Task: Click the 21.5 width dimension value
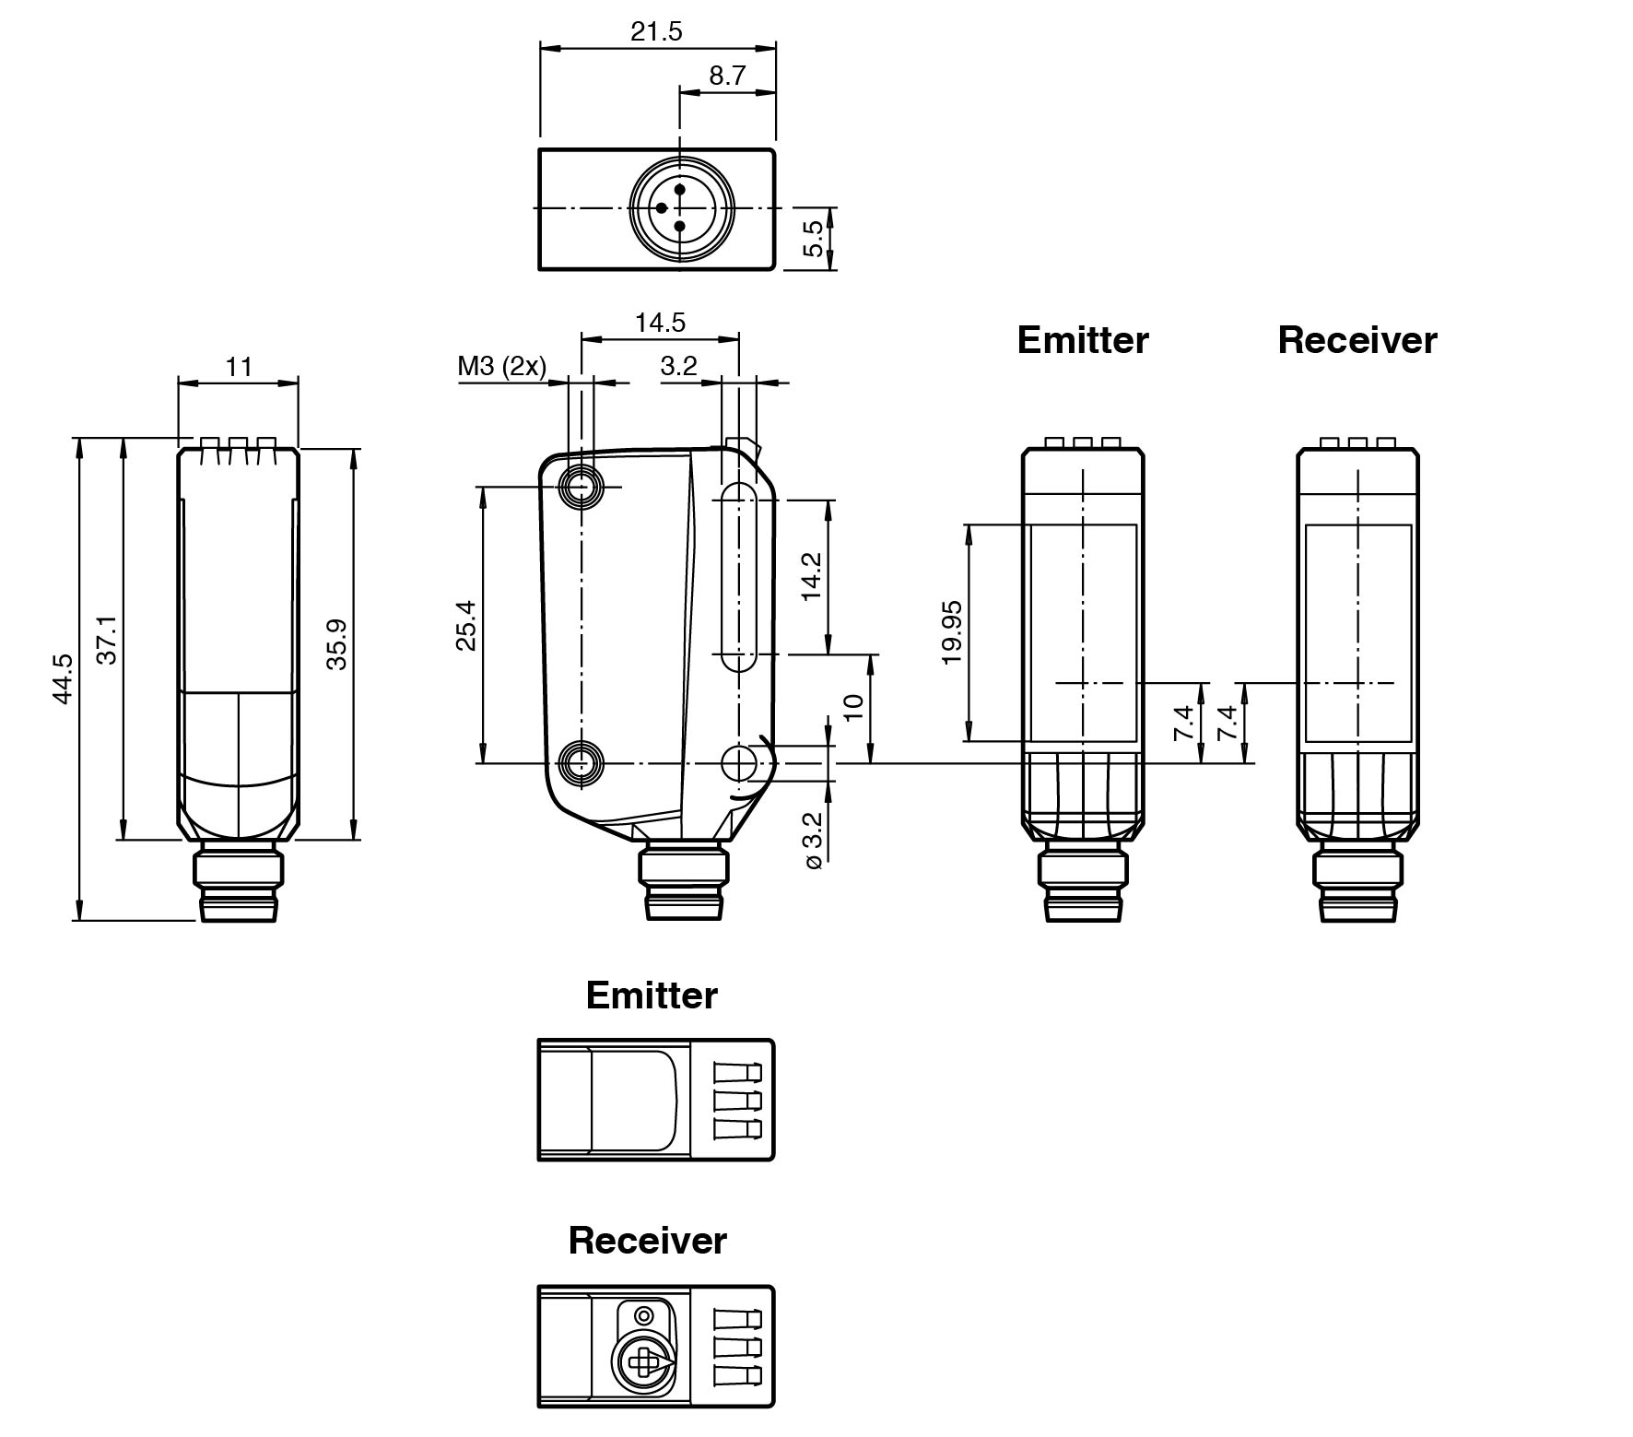pyautogui.click(x=656, y=31)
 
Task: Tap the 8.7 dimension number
pyautogui.click(x=727, y=76)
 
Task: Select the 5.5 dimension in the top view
pyautogui.click(x=813, y=238)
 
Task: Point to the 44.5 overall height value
pyautogui.click(x=63, y=679)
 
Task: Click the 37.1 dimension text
pyautogui.click(x=108, y=639)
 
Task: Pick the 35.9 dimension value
pyautogui.click(x=336, y=644)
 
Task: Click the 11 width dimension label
pyautogui.click(x=239, y=367)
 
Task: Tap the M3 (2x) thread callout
pyautogui.click(x=501, y=366)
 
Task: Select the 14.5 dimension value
pyautogui.click(x=660, y=323)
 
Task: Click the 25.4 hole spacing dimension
pyautogui.click(x=466, y=625)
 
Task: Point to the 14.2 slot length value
pyautogui.click(x=812, y=576)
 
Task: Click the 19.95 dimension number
pyautogui.click(x=952, y=632)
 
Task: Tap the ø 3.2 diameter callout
pyautogui.click(x=812, y=841)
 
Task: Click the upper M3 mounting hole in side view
pyautogui.click(x=581, y=487)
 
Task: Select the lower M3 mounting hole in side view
pyautogui.click(x=581, y=763)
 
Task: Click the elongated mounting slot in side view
pyautogui.click(x=737, y=577)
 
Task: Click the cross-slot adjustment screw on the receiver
pyautogui.click(x=642, y=1360)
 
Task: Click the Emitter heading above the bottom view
pyautogui.click(x=652, y=995)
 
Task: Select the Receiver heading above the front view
pyautogui.click(x=1357, y=340)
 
